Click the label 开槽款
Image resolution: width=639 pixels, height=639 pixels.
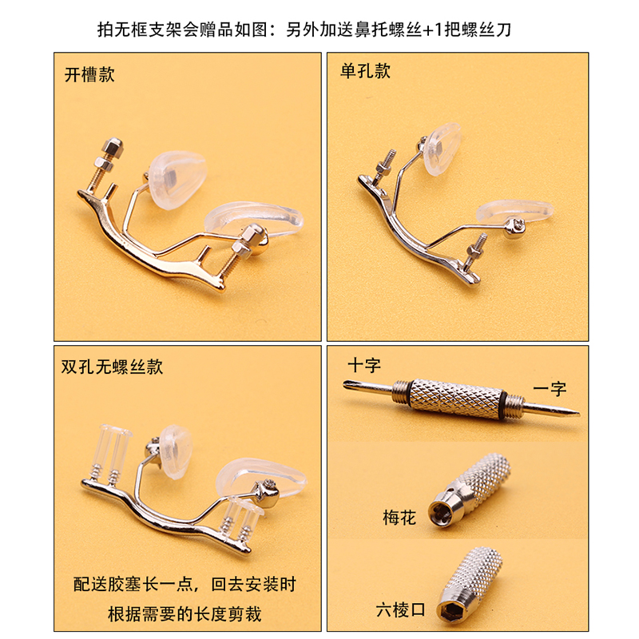pos(89,76)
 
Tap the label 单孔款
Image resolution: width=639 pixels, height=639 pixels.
pos(365,72)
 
